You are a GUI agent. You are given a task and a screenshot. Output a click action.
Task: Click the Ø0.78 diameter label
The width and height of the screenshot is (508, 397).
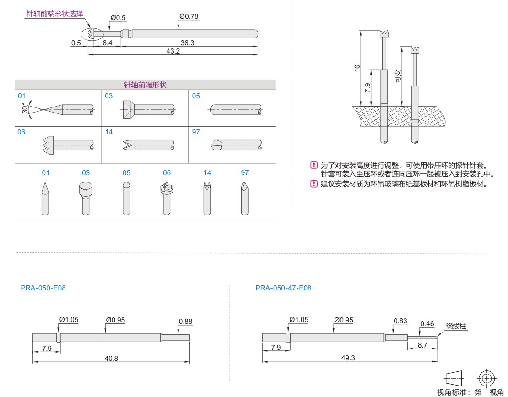[x=189, y=16]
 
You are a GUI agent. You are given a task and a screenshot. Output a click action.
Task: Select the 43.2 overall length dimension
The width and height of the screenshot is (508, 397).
[x=173, y=51]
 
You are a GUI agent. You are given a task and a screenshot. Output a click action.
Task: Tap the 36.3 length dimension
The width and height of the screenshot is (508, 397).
[x=187, y=43]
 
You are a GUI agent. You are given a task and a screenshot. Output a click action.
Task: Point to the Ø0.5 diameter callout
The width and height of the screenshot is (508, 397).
[x=118, y=18]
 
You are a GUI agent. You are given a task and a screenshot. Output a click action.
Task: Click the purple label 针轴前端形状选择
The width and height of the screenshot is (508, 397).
[x=54, y=14]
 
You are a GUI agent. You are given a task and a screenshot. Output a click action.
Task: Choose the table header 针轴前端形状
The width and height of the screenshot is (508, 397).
[x=145, y=85]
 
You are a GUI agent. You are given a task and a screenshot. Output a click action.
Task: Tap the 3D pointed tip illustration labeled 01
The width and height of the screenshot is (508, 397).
[x=45, y=198]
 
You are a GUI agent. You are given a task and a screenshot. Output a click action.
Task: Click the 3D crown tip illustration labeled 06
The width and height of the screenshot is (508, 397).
[x=166, y=198]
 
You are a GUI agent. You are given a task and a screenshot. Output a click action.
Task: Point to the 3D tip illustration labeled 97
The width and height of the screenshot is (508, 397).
[x=245, y=198]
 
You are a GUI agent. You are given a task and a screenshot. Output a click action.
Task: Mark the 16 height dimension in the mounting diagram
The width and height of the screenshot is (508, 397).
[x=357, y=67]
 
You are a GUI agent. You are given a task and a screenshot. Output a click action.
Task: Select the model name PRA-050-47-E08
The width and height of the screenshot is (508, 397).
[x=283, y=288]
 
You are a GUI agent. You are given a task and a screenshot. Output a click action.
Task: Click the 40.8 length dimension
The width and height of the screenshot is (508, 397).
[x=111, y=359]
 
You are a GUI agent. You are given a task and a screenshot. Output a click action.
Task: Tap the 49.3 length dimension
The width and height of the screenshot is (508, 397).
[x=348, y=358]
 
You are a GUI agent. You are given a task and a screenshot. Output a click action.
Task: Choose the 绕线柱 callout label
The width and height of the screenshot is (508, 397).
[x=456, y=326]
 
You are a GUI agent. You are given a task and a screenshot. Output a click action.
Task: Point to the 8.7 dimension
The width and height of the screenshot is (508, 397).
[x=422, y=346]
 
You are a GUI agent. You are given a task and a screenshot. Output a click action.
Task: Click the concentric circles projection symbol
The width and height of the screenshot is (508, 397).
[x=486, y=378]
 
